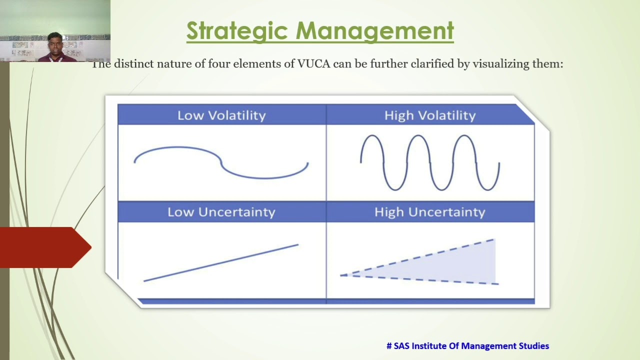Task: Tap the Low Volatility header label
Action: [221, 115]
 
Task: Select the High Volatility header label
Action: [430, 115]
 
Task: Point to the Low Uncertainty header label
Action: [221, 212]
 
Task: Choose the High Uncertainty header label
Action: [430, 212]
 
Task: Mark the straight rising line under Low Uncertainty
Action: [221, 262]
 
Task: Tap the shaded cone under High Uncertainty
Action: [450, 265]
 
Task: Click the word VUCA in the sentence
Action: [313, 64]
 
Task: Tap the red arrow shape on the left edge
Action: [42, 247]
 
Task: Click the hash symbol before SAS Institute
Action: [389, 346]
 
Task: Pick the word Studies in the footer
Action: [533, 346]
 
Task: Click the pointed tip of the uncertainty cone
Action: [342, 275]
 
